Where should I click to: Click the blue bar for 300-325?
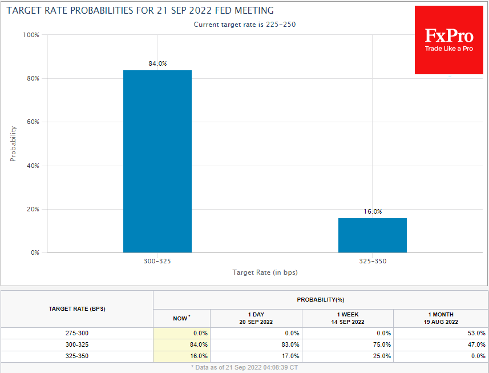[x=157, y=161]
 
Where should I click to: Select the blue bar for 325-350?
[x=372, y=235]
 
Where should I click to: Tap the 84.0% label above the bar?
[x=157, y=63]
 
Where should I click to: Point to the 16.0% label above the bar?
[x=373, y=211]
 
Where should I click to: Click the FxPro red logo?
[x=449, y=40]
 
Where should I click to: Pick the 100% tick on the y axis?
[x=31, y=35]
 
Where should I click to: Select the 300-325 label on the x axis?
[x=157, y=260]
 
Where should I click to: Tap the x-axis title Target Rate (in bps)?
[x=265, y=272]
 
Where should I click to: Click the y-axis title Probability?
[x=13, y=143]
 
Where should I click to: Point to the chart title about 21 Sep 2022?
[x=140, y=10]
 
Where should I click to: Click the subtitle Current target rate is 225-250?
[x=244, y=25]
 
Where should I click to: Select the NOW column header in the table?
[x=181, y=318]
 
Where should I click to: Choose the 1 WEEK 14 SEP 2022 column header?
[x=347, y=318]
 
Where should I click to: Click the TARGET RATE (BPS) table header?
[x=77, y=308]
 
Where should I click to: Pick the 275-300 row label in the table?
[x=77, y=333]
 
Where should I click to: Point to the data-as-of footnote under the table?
[x=244, y=367]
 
